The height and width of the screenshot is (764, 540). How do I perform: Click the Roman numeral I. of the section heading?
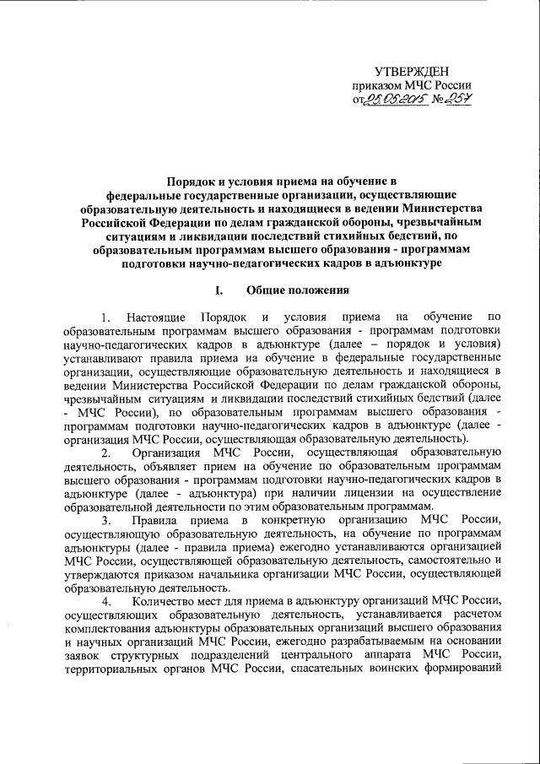(220, 293)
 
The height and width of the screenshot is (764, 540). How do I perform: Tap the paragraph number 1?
(106, 318)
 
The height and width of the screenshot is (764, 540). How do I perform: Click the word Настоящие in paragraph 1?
(155, 318)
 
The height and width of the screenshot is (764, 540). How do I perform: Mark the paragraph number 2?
(106, 453)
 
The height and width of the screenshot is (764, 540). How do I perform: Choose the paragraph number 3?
(106, 521)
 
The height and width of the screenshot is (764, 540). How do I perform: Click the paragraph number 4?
(106, 602)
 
